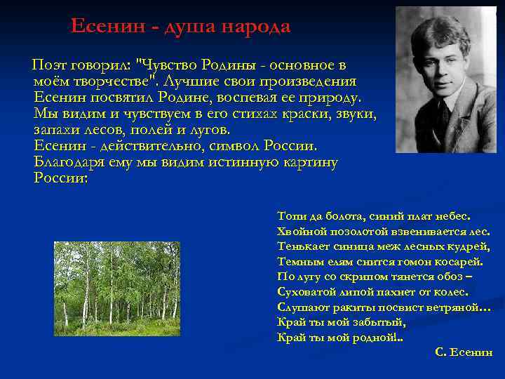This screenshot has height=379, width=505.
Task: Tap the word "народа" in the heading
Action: point(256,27)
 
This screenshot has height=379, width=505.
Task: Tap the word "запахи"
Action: point(58,129)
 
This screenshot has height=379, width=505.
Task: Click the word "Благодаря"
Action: point(69,162)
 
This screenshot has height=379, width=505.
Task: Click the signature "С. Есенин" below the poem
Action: point(464,352)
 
